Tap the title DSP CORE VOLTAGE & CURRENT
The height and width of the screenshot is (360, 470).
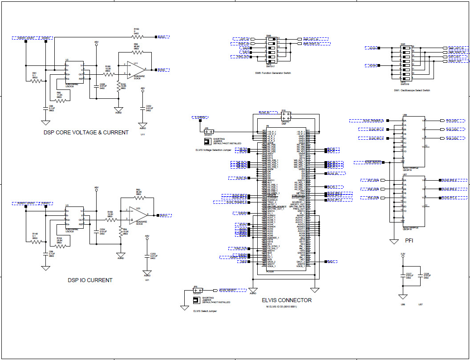coord(86,132)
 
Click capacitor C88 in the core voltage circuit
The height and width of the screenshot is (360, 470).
coord(45,108)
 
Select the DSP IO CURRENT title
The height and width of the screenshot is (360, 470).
coord(90,280)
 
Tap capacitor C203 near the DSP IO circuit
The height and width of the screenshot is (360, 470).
coord(147,255)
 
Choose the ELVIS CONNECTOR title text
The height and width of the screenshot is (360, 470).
coord(287,300)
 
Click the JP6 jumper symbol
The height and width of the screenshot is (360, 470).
coord(207,132)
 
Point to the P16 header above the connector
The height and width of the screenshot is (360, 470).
coord(286,115)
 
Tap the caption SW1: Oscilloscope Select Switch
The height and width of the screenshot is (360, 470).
coord(412,90)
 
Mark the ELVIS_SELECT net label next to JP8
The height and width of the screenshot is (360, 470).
coord(232,290)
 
